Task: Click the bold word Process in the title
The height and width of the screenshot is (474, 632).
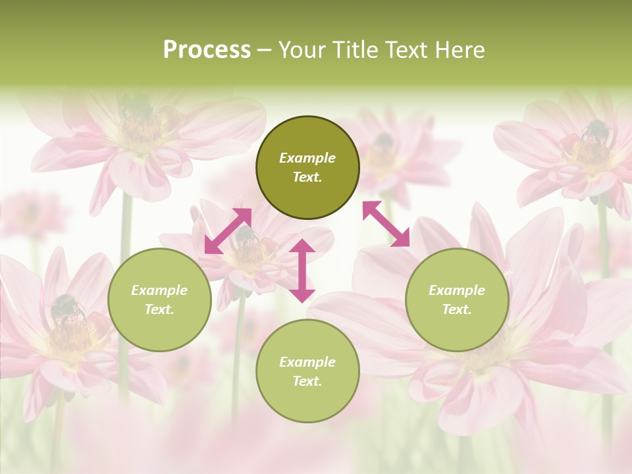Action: click(207, 50)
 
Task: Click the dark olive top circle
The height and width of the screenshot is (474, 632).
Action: click(307, 168)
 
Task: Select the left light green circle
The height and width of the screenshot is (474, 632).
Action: click(159, 300)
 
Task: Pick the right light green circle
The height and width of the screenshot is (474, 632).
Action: click(457, 300)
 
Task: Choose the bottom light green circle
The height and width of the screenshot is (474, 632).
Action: click(307, 371)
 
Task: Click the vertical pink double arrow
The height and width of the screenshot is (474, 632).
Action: click(302, 271)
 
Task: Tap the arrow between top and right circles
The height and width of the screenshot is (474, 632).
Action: click(386, 224)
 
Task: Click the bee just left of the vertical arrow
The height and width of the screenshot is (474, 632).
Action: click(246, 235)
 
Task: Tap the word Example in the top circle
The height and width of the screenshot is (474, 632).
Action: click(307, 158)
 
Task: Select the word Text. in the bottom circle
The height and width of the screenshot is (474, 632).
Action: click(307, 381)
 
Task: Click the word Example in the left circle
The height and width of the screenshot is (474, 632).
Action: click(159, 290)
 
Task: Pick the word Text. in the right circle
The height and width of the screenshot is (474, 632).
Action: click(457, 309)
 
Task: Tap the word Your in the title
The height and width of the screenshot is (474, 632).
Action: click(300, 50)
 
